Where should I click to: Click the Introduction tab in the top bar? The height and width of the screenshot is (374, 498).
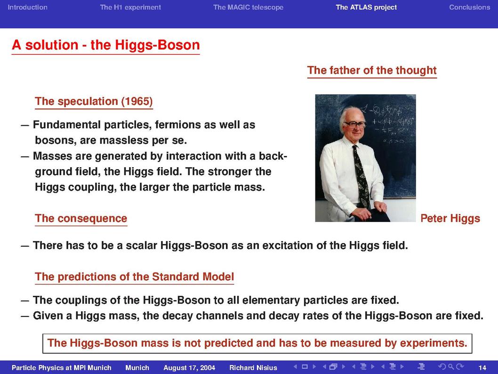[28, 8]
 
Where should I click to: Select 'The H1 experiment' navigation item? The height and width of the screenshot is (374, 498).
[130, 8]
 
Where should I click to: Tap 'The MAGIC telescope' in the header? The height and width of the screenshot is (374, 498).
[249, 8]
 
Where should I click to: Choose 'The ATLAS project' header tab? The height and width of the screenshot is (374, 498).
[366, 8]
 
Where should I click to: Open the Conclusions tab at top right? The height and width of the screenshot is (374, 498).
[470, 8]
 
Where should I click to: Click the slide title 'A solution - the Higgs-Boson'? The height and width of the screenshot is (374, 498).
[106, 45]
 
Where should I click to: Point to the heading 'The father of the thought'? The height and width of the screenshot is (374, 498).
[372, 70]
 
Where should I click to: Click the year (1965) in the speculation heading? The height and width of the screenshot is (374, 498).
[137, 101]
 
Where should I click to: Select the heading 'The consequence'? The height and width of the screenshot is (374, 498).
[81, 218]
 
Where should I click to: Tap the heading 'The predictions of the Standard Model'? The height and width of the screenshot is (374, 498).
[134, 277]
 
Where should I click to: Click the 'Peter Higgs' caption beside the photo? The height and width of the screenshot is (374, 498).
[450, 219]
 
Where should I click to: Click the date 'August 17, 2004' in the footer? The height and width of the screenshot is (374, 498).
[189, 368]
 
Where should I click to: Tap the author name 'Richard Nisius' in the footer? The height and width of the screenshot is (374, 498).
[253, 368]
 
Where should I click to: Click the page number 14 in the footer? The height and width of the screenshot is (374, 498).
[482, 368]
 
